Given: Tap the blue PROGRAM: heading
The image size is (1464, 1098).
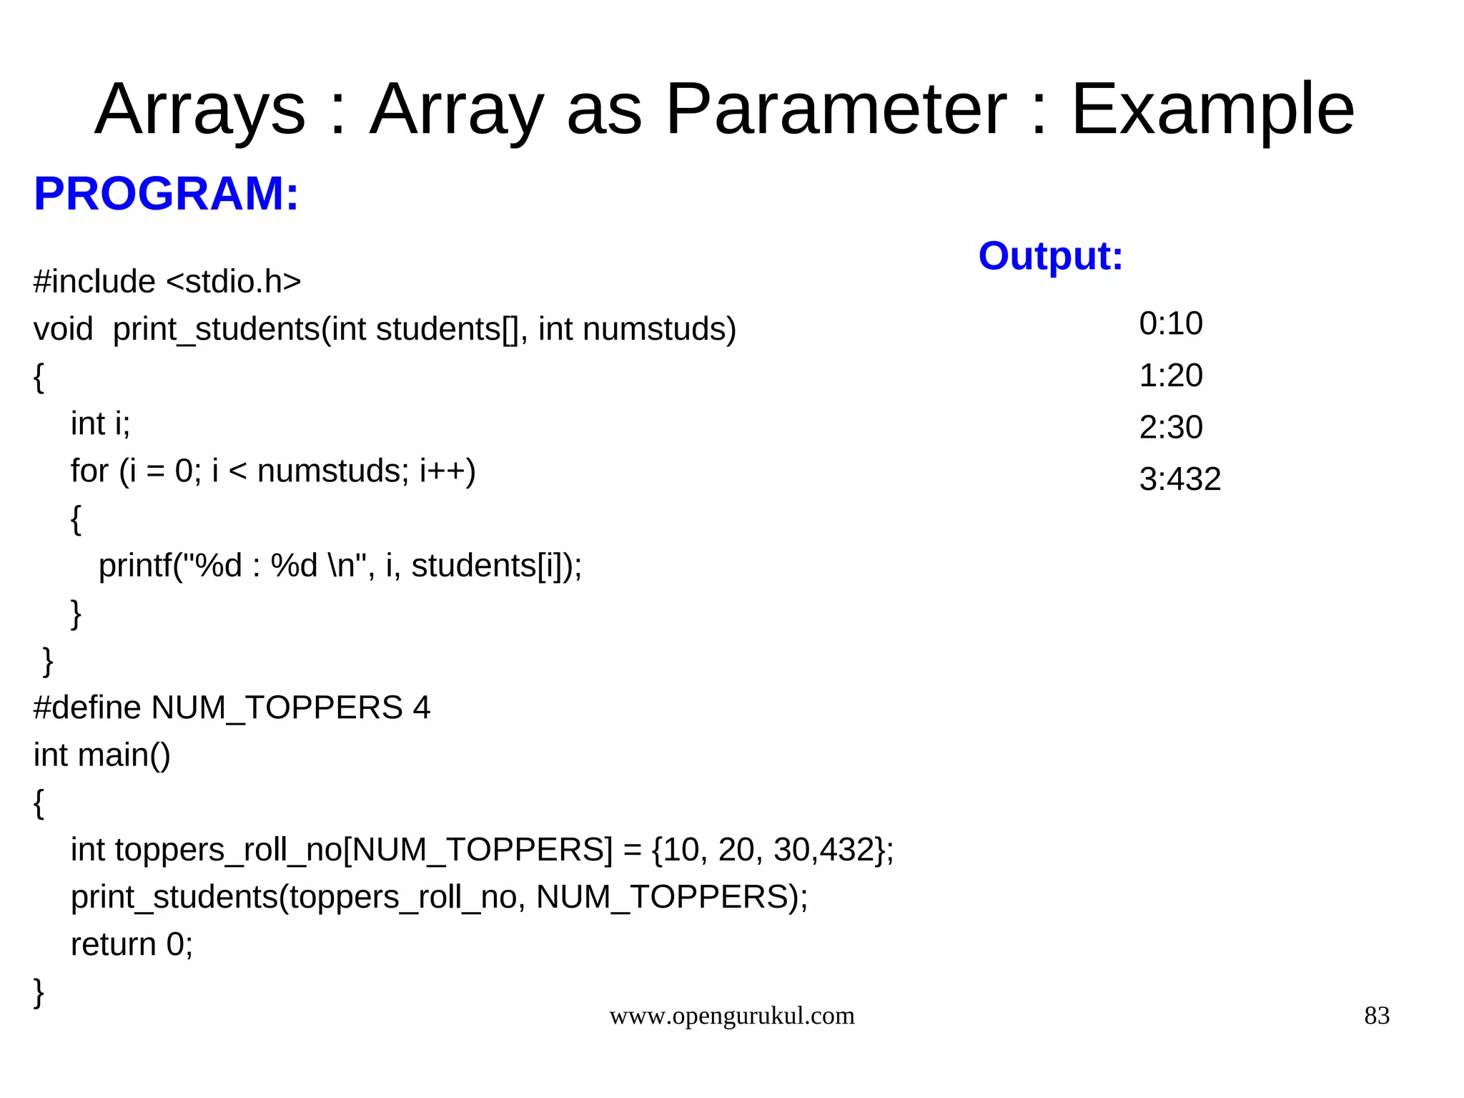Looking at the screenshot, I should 166,194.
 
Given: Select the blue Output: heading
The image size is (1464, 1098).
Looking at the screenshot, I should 1050,256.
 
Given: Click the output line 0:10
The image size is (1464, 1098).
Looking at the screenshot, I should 1170,323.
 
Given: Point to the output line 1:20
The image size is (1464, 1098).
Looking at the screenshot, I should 1170,376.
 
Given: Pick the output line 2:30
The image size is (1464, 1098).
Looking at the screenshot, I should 1170,428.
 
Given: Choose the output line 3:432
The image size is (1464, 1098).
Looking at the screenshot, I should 1179,479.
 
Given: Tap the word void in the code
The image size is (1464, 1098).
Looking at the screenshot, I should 63,329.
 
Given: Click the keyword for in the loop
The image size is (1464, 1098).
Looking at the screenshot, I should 89,471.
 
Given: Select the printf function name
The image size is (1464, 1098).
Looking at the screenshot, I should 134,566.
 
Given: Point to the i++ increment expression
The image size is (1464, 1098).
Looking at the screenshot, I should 447,471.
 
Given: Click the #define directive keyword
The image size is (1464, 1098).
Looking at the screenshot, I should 87,707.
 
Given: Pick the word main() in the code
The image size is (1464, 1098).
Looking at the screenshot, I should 124,755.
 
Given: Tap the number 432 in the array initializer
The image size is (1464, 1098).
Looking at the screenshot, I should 847,850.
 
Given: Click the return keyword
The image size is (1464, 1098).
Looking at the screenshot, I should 113,944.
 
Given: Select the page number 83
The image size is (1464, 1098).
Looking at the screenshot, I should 1377,1016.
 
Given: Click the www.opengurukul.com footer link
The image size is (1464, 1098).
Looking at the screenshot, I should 731,1016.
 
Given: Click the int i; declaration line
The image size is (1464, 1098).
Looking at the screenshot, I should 100,423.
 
